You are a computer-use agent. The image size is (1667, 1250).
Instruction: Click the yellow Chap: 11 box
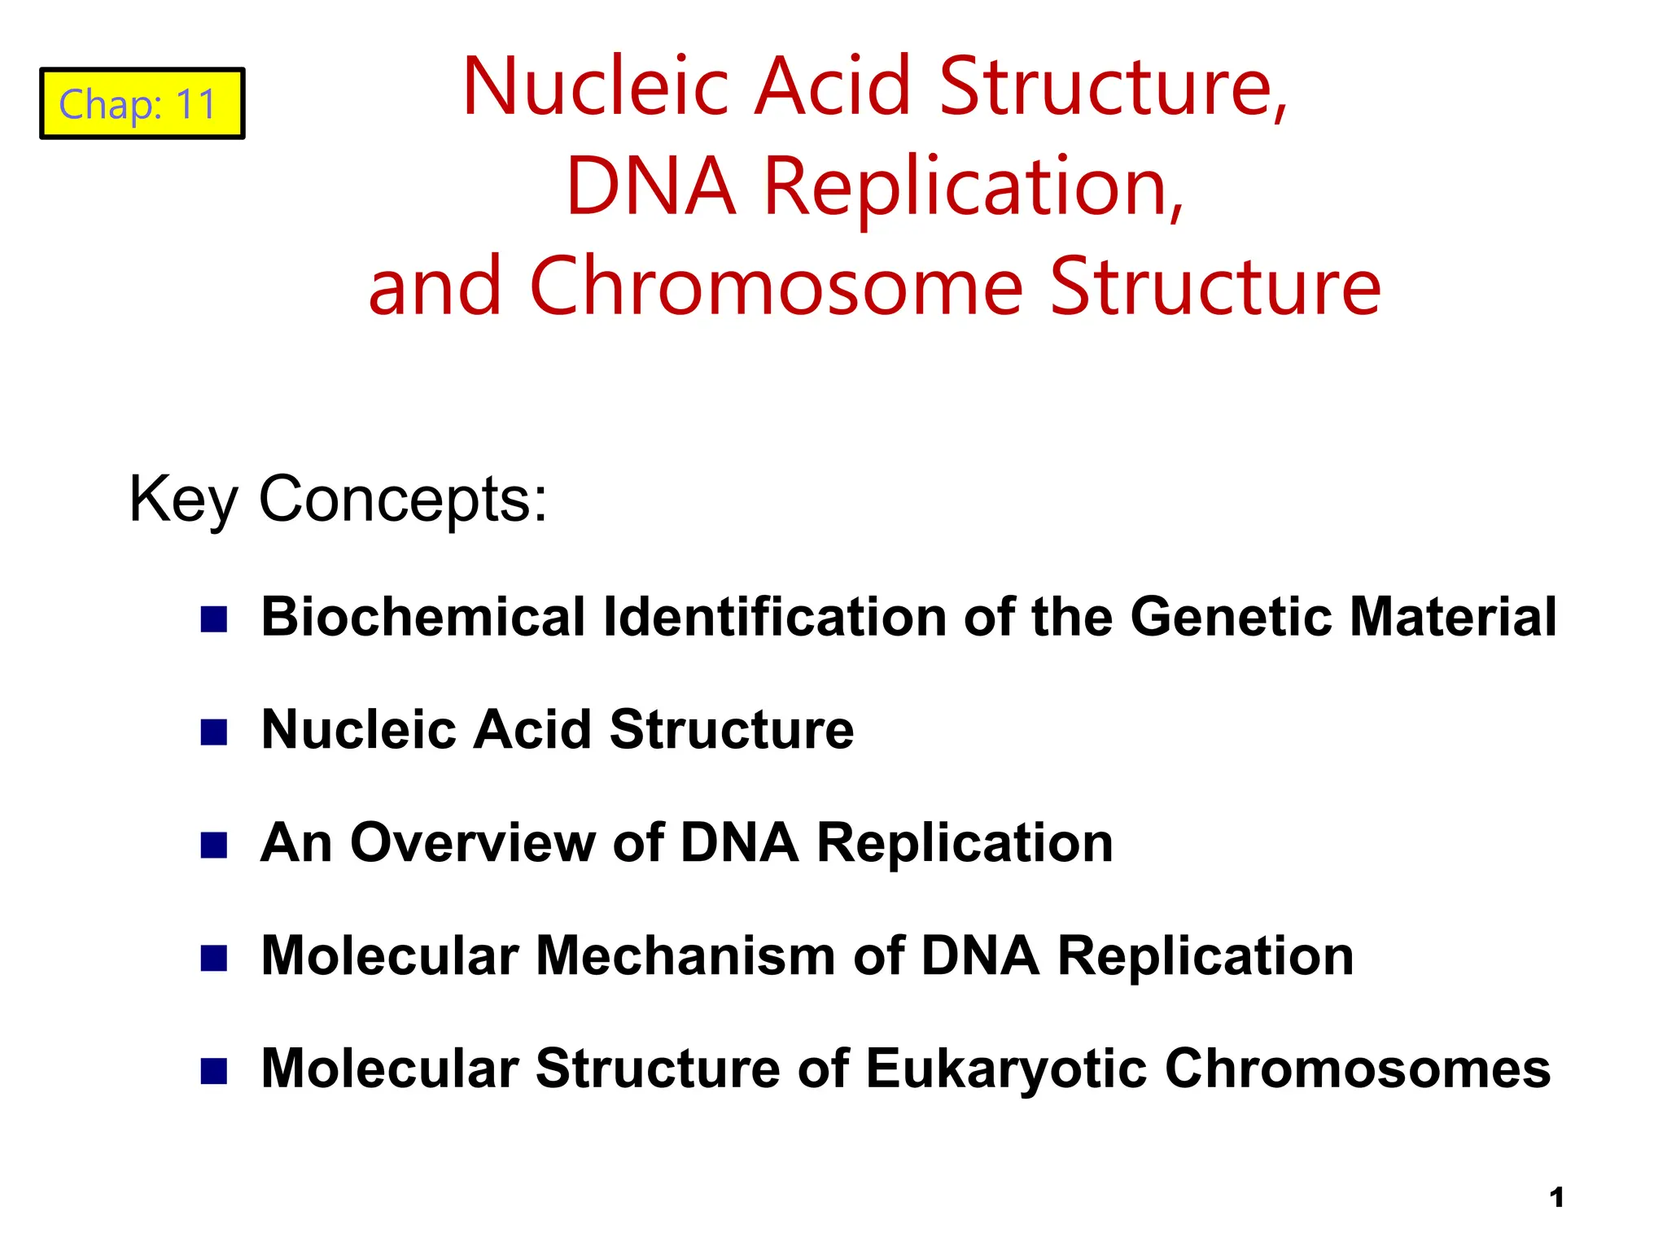(x=142, y=104)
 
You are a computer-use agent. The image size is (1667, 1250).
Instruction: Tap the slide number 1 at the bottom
(x=1556, y=1198)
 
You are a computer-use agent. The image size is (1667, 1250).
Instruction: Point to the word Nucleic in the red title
(x=595, y=86)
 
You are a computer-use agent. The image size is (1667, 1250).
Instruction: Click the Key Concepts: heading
(x=338, y=499)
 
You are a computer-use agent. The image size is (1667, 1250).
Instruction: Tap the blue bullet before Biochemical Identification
(x=213, y=619)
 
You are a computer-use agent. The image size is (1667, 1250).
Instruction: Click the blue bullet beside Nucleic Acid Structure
(x=213, y=732)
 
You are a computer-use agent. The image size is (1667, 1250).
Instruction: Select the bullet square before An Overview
(x=213, y=845)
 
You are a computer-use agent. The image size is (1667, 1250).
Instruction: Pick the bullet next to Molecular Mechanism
(x=213, y=958)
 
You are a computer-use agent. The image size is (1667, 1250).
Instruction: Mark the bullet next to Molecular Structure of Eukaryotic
(x=213, y=1071)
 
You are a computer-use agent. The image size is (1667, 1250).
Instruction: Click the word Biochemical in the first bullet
(x=422, y=617)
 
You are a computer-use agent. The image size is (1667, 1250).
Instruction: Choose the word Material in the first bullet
(x=1453, y=617)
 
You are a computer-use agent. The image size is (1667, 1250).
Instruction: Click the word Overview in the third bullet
(x=472, y=842)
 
